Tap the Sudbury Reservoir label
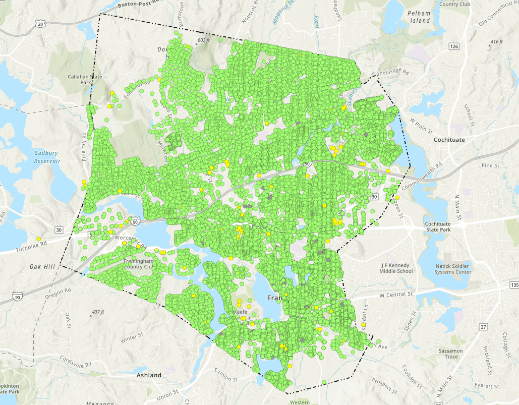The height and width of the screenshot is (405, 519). coord(47,157)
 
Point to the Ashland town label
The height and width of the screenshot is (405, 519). coord(149,375)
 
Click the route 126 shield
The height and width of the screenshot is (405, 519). coord(454,46)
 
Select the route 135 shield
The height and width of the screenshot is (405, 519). coord(514,285)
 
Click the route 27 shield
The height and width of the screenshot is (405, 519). coord(483,327)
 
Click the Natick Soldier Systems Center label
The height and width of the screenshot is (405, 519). coord(453,269)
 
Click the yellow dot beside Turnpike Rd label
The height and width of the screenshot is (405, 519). coord(38,239)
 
